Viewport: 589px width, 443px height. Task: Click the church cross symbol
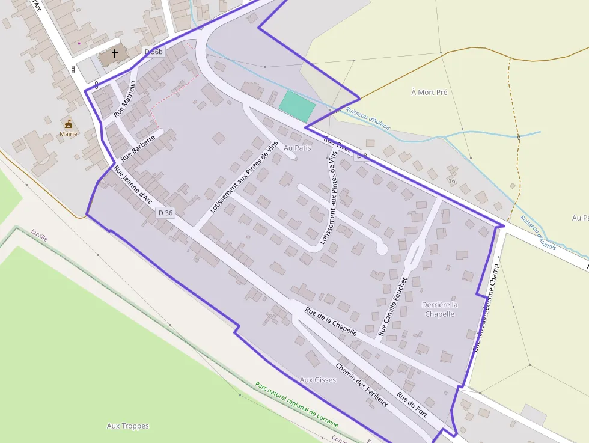pos(114,54)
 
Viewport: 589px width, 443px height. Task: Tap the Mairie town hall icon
pos(69,123)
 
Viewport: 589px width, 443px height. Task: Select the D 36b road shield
pos(154,52)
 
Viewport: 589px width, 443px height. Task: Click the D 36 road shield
pos(165,213)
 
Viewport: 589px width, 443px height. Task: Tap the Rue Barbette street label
pos(138,147)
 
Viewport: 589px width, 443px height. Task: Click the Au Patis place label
pos(298,148)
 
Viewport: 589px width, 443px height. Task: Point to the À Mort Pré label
pos(429,92)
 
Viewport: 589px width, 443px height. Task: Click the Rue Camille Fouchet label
pos(392,306)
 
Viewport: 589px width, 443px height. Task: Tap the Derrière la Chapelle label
pos(439,309)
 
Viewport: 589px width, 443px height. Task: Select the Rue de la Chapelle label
pos(331,322)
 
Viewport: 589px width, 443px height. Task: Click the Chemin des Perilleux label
pos(361,385)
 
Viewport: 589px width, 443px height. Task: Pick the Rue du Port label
pos(412,405)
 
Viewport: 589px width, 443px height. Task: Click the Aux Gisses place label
pos(317,380)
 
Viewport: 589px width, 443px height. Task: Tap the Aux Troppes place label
pos(127,426)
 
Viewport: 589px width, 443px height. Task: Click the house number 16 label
pos(451,180)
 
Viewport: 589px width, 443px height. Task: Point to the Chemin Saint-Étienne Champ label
pos(486,307)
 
